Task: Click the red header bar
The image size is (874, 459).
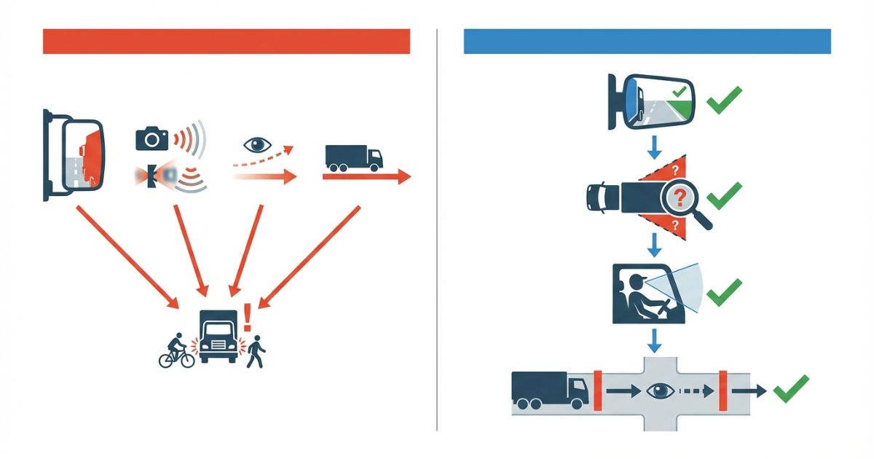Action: [226, 42]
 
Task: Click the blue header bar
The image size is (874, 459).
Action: [647, 42]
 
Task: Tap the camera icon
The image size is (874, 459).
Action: [152, 138]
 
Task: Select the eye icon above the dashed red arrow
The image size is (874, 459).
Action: [256, 144]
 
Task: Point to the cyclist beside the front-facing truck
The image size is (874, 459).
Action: [177, 352]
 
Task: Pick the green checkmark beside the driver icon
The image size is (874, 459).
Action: [724, 291]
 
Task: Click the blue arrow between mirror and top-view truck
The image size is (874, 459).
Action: [654, 147]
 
